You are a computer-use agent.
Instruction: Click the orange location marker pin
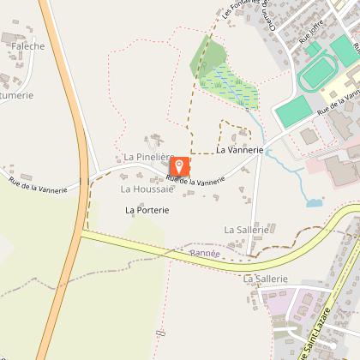pyautogui.click(x=180, y=167)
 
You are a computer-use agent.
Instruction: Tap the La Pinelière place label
pyautogui.click(x=148, y=158)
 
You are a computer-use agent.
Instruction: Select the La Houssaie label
pyautogui.click(x=146, y=189)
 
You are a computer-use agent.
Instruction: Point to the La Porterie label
pyautogui.click(x=147, y=209)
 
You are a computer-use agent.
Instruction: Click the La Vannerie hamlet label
pyautogui.click(x=237, y=150)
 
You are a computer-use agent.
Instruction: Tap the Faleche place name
pyautogui.click(x=28, y=46)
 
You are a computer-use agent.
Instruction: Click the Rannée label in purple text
pyautogui.click(x=205, y=254)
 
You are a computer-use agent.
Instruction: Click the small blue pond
pyautogui.click(x=314, y=204)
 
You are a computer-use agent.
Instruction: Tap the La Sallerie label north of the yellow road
pyautogui.click(x=247, y=230)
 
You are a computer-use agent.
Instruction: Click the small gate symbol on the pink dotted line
pyautogui.click(x=160, y=333)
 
